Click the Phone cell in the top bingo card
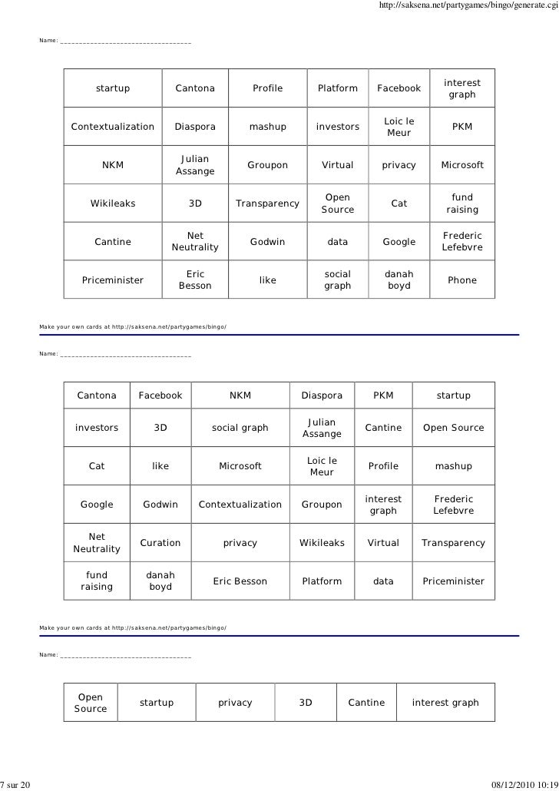point(462,280)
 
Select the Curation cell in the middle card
point(160,543)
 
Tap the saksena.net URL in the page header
point(468,7)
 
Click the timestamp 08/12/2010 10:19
point(523,783)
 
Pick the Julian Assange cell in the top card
point(195,165)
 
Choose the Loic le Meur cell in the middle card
point(322,466)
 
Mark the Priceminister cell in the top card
point(113,280)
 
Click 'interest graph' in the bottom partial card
point(445,703)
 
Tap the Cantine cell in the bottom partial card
point(366,703)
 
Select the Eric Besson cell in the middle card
point(240,581)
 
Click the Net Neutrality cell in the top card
point(195,242)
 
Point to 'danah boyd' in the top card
point(399,280)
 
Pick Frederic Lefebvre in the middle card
point(453,505)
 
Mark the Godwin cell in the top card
point(267,242)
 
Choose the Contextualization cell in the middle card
point(240,505)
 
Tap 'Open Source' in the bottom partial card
point(91,703)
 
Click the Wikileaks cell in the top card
point(113,204)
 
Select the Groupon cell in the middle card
point(322,505)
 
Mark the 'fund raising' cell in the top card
point(462,204)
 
